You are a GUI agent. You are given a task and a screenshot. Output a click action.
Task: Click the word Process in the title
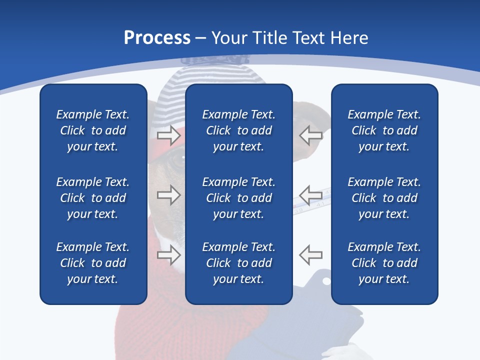[157, 38]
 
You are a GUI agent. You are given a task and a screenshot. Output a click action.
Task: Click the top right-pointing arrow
[168, 134]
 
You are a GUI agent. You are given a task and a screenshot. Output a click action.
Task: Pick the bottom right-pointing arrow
[168, 255]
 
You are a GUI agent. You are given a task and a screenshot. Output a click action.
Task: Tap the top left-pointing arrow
[311, 134]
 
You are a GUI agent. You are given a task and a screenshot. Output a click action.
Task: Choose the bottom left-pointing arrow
[311, 255]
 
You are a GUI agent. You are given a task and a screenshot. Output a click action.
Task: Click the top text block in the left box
[93, 130]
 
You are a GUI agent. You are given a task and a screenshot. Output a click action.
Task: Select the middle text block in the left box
[93, 198]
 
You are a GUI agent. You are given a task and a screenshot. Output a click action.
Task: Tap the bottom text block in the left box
[93, 263]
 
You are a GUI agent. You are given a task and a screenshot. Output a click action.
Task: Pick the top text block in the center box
[238, 130]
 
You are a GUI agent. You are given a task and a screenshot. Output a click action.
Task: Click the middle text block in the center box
[238, 198]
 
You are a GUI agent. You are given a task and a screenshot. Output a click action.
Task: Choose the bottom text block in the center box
[238, 263]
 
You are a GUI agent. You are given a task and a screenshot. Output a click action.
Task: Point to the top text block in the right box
[384, 130]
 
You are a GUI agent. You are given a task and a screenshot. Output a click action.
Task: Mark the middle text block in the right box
[384, 198]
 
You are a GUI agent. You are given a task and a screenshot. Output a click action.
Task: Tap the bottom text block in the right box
[384, 263]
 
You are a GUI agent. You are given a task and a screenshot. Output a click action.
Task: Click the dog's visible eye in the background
[176, 159]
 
